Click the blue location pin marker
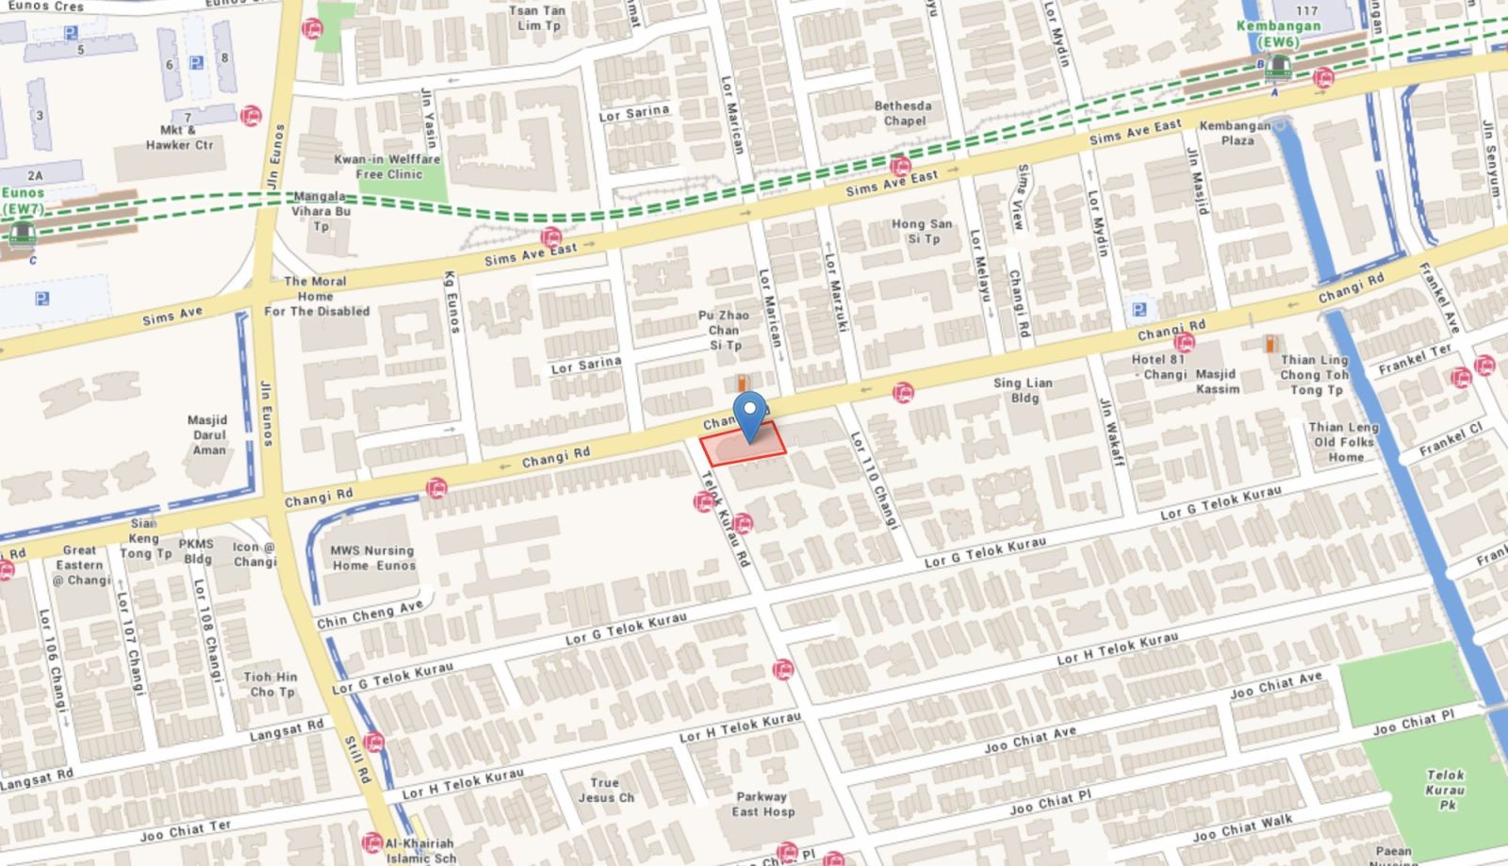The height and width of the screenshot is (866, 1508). point(750,415)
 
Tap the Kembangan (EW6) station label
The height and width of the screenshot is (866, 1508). point(1278,33)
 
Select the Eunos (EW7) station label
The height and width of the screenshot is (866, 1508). point(23,201)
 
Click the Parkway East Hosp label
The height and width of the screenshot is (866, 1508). point(762,804)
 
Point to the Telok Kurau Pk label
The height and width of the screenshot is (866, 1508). point(1446,790)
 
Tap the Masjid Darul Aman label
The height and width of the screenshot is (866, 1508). point(208,434)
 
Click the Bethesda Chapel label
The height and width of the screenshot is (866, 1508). point(903,113)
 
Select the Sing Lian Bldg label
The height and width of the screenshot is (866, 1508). point(1023,389)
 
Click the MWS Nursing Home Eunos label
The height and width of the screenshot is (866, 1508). point(372,558)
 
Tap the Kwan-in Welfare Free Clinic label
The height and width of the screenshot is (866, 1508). point(387,167)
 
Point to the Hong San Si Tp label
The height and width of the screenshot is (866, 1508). point(922,231)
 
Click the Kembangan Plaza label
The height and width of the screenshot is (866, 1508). point(1236,133)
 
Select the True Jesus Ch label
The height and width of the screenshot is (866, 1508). point(605,790)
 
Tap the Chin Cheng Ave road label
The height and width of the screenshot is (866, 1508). point(369,614)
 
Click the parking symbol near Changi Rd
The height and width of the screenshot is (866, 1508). point(1139,309)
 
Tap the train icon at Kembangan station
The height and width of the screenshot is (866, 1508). point(1277,67)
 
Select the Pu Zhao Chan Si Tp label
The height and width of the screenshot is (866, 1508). point(724,330)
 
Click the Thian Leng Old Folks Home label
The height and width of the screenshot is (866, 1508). point(1344,442)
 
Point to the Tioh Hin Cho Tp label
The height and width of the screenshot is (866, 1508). point(270,684)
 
